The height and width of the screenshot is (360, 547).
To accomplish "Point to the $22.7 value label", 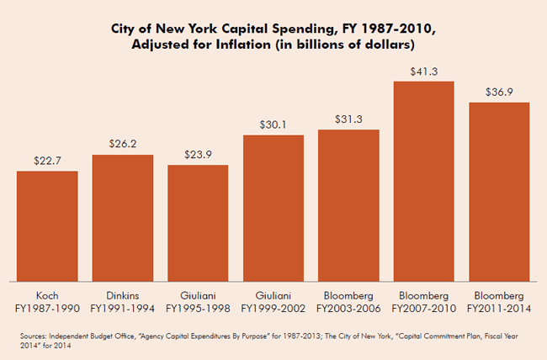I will point(47,160).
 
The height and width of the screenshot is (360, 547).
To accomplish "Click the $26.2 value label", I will point(123,144).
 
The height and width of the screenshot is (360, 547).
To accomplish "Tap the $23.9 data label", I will point(198,154).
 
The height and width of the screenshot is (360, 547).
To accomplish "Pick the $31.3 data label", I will point(348,119).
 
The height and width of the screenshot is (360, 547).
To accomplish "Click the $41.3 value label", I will point(424,71).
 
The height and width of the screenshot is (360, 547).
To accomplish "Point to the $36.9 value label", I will point(499,92).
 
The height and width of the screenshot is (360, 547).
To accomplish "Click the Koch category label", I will point(47,295).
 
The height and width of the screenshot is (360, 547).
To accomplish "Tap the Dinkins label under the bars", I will point(123,295).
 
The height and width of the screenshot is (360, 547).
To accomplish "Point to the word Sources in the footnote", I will point(39,335).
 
